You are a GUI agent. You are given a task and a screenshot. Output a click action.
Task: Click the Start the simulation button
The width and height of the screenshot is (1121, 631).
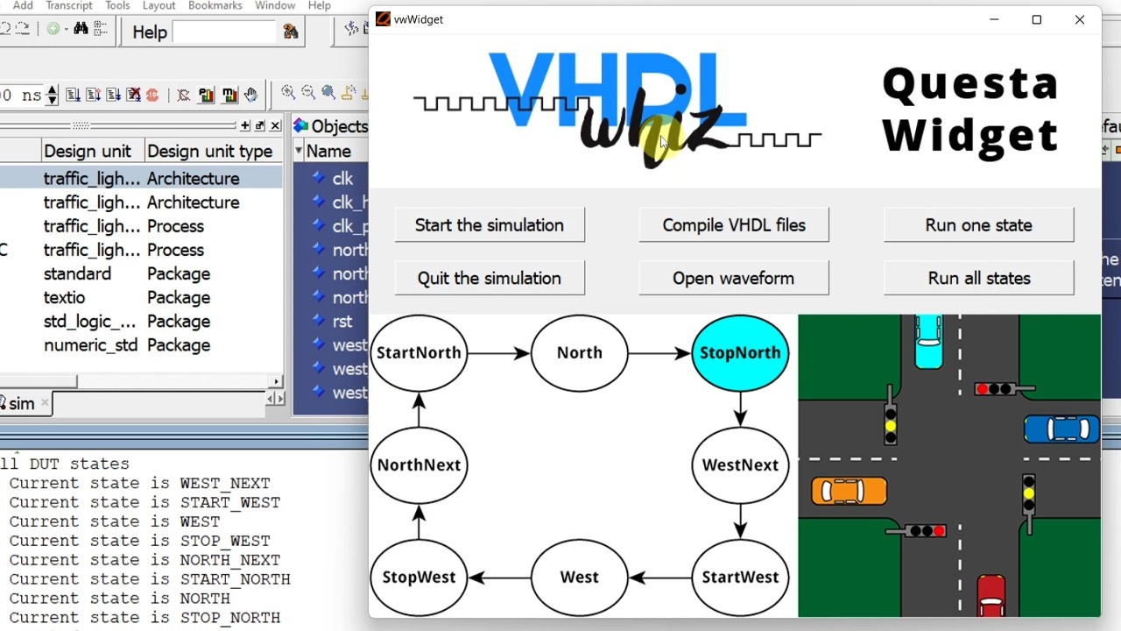point(489,225)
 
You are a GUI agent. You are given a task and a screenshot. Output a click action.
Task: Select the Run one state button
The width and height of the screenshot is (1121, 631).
point(978,225)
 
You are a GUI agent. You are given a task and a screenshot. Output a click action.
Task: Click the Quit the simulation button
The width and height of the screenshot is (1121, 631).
point(489,278)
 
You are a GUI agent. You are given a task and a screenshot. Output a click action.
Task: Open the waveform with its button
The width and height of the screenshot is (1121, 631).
point(733,278)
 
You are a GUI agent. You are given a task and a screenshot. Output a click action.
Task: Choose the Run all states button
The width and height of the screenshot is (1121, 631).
point(978,278)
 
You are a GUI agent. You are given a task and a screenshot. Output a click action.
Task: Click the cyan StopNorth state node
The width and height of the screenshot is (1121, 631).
point(740,352)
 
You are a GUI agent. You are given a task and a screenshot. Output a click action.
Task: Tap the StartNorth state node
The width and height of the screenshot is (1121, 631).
point(419,352)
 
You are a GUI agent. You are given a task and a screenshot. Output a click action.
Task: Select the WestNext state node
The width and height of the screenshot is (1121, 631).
point(740,464)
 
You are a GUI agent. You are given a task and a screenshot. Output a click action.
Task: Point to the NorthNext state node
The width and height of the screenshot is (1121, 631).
point(419,464)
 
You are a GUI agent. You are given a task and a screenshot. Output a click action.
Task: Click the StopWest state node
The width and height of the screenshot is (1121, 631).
point(419,577)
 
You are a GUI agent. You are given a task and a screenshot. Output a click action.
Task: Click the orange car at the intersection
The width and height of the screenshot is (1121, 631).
point(849,491)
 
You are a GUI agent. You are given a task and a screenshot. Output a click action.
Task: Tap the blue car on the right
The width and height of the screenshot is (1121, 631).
point(1061,429)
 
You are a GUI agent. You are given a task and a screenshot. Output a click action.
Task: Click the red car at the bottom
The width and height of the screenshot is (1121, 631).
point(991,596)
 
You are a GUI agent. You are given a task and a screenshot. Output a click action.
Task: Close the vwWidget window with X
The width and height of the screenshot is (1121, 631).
point(1079,19)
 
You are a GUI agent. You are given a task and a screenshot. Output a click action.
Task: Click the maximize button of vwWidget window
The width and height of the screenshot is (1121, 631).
point(1036,19)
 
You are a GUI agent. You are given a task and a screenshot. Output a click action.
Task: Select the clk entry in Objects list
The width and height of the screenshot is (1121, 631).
point(342,179)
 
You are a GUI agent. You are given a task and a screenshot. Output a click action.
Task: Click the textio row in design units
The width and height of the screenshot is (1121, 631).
point(65,298)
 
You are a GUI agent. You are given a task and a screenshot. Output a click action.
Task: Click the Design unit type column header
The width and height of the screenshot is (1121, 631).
point(209,151)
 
